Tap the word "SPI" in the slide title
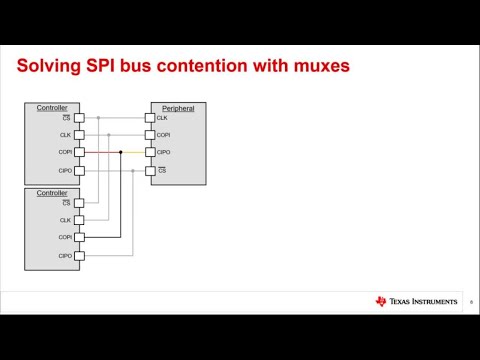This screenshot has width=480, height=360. (x=106, y=68)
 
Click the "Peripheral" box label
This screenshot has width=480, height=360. (x=178, y=107)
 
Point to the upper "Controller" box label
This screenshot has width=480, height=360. (x=52, y=107)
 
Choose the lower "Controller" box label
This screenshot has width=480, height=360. (x=52, y=192)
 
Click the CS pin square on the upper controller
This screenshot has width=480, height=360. (x=80, y=118)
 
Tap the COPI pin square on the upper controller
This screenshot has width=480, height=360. (x=80, y=153)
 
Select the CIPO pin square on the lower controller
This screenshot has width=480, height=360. (x=80, y=256)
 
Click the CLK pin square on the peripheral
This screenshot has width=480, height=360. (x=150, y=118)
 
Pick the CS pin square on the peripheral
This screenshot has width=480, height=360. (x=150, y=171)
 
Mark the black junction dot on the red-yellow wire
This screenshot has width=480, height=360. (x=121, y=153)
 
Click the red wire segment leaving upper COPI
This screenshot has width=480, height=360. (x=100, y=153)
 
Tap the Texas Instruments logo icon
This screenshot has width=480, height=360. (x=381, y=301)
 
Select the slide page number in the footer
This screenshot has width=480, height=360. (x=471, y=302)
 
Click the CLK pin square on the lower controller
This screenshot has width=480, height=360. (x=80, y=220)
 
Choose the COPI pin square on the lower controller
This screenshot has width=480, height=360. (x=80, y=238)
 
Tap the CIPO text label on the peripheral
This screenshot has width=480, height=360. (x=163, y=153)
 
